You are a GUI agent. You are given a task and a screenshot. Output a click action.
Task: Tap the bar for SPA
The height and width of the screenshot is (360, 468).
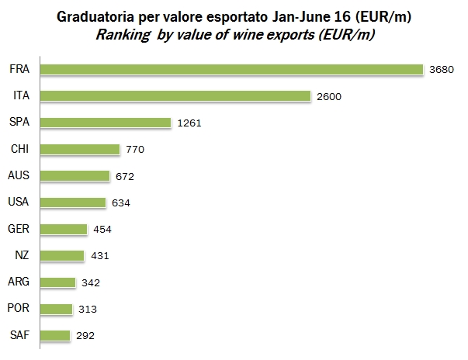point(105,123)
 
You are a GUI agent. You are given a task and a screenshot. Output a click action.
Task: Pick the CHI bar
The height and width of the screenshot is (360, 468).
point(79,149)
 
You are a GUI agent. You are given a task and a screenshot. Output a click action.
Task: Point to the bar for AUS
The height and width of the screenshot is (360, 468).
point(75,176)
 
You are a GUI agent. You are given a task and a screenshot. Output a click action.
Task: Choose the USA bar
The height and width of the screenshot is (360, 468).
point(72,202)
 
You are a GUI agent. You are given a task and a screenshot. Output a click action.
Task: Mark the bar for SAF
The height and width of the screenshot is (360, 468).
point(54,336)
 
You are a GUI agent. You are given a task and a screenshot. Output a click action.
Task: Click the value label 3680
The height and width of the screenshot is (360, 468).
point(441,70)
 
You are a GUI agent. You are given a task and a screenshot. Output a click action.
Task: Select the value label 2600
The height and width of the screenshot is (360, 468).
point(330,97)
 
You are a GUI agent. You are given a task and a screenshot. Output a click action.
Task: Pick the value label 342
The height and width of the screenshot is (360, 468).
point(90,283)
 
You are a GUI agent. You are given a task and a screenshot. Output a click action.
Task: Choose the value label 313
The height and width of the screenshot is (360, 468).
point(87,310)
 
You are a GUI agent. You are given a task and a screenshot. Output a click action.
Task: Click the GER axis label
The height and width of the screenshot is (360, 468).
point(19,229)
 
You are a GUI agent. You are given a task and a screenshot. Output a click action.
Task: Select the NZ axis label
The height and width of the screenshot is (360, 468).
point(23,255)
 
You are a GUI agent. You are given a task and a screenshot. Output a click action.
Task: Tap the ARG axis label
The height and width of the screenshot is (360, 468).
point(19,282)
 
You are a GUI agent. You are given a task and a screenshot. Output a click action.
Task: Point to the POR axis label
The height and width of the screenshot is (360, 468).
point(19,309)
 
